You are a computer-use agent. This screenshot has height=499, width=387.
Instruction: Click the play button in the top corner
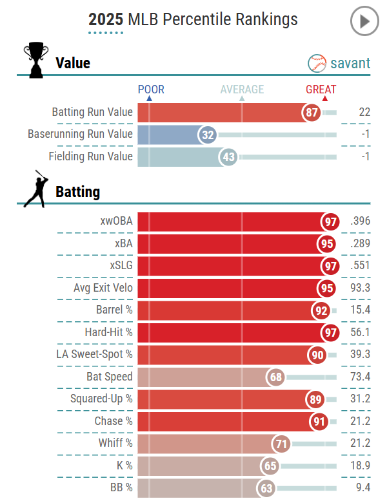click(364, 21)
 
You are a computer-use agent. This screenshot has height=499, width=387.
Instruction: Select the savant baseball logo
click(317, 62)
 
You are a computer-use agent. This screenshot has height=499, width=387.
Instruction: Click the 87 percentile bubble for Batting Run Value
click(313, 113)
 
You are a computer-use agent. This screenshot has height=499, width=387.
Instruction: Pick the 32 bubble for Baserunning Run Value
click(208, 135)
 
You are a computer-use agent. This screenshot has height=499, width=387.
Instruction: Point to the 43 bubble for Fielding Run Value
click(228, 156)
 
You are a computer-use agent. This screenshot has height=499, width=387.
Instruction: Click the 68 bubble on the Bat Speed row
click(276, 377)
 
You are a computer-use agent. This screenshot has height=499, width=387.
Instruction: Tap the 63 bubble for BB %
click(266, 488)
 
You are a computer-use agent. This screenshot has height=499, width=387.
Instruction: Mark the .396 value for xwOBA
click(360, 221)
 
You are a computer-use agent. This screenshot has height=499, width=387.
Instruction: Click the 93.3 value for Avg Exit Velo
click(360, 288)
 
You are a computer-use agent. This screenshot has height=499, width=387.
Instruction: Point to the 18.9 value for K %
click(360, 466)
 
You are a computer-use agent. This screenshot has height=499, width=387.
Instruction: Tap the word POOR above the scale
click(151, 89)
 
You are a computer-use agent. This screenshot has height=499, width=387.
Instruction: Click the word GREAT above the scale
click(321, 89)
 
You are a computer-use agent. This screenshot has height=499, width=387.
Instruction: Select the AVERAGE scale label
click(242, 89)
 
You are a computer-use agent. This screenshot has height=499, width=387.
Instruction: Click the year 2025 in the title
click(106, 19)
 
